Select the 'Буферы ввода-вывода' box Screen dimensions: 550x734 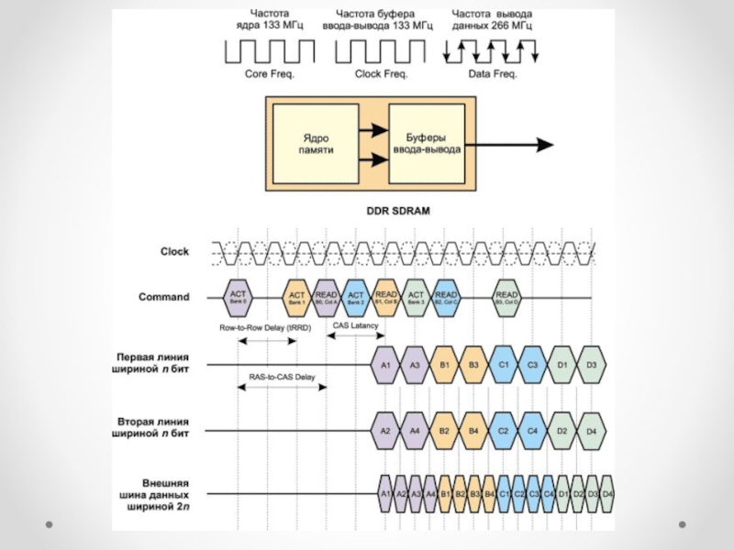point(427,143)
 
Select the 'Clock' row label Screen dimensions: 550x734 point(174,251)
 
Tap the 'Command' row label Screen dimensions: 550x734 point(164,297)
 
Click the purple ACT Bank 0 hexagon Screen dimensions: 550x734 point(239,296)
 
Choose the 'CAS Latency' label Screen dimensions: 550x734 point(355,325)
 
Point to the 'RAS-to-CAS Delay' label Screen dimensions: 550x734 point(281,377)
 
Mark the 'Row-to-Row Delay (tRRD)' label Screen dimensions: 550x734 point(264,327)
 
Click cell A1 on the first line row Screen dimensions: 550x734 point(385,365)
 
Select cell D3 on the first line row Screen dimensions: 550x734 point(592,365)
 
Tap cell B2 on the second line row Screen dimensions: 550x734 point(444,430)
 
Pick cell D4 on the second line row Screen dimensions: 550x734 point(592,430)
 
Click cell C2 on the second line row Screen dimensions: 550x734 point(503,430)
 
